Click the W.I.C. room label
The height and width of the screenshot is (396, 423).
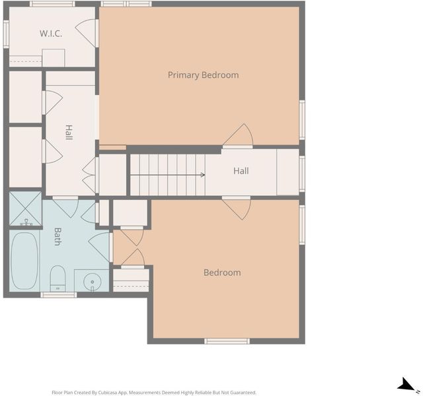(51, 34)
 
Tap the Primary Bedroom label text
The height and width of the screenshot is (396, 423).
(203, 75)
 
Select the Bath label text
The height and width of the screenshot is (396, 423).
(58, 236)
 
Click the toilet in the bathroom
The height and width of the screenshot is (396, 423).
(58, 279)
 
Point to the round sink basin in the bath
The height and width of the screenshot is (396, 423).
(93, 282)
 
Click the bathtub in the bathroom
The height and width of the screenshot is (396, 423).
(24, 261)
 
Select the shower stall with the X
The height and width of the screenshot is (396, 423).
(25, 209)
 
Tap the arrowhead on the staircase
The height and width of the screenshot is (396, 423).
(203, 175)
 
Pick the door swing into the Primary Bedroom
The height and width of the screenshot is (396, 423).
(238, 135)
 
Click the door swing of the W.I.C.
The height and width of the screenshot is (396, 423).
(87, 33)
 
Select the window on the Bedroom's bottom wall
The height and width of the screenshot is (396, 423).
(227, 341)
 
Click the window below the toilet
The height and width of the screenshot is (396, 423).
(59, 295)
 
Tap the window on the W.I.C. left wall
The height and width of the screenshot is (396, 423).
(6, 34)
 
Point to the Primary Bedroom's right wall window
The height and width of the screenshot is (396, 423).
(302, 120)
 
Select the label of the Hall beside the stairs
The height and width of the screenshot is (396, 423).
(241, 171)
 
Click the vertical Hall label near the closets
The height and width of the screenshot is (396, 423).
(69, 132)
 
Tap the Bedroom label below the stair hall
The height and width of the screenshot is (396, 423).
(222, 273)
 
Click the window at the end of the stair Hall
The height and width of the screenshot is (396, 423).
(302, 174)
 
